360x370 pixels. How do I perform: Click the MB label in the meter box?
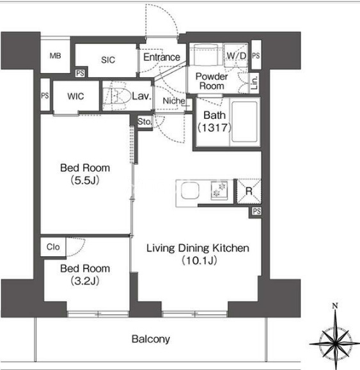[55, 56]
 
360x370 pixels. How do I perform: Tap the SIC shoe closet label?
[108, 60]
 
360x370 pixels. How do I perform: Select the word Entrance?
[162, 57]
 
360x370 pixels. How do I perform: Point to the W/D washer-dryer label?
[237, 56]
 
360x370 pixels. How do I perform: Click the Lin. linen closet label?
[254, 82]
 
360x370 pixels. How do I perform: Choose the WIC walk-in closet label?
[75, 96]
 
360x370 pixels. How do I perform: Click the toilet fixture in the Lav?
[118, 96]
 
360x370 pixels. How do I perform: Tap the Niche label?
[174, 101]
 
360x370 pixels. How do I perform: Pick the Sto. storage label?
[145, 122]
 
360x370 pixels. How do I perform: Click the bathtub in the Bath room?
[244, 122]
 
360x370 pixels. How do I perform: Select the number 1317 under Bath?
[214, 128]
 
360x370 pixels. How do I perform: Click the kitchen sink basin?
[190, 190]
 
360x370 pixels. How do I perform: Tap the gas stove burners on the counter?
[219, 190]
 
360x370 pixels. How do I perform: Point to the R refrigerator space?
[249, 191]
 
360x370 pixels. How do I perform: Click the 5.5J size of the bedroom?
[85, 180]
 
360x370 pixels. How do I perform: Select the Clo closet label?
[53, 247]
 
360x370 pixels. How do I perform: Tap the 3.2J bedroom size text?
[85, 281]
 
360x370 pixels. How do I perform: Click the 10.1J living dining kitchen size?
[200, 261]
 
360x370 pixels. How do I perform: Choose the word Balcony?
[151, 339]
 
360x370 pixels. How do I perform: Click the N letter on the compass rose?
[334, 306]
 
